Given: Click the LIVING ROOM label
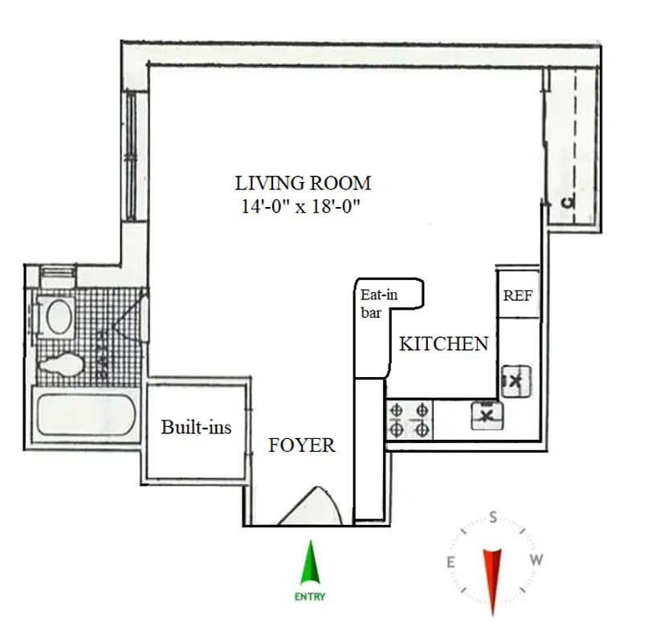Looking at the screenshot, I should (x=302, y=183).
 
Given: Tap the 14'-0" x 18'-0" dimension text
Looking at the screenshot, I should (x=301, y=206).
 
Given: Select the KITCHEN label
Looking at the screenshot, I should (x=443, y=344).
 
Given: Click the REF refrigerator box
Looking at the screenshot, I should (x=517, y=295).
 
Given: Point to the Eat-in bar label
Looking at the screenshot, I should (x=378, y=303).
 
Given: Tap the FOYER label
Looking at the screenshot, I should (x=301, y=445).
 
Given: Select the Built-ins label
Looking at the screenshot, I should (x=196, y=427).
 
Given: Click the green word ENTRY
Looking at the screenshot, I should (x=309, y=597).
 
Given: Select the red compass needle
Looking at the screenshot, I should (x=492, y=575).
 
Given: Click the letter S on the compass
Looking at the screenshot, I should (x=493, y=519).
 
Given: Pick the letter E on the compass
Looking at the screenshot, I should (x=451, y=562).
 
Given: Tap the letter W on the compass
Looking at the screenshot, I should (x=536, y=561).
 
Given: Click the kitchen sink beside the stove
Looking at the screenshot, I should (x=485, y=415).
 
